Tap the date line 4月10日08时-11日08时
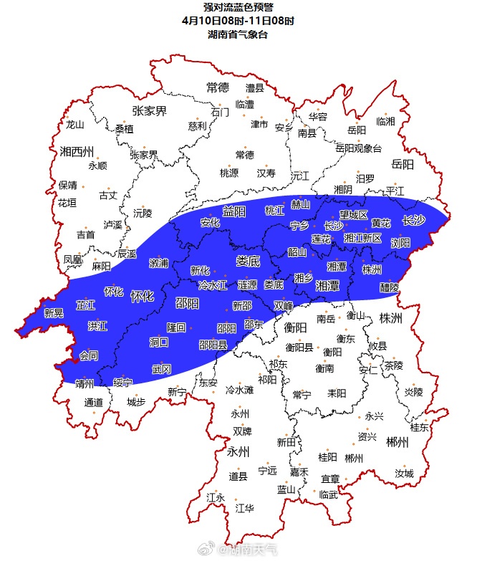click(x=238, y=21)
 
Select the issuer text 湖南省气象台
click(x=238, y=34)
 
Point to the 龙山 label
click(x=74, y=124)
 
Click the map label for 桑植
click(x=124, y=129)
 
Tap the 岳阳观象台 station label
click(x=358, y=148)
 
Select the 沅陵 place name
click(x=143, y=213)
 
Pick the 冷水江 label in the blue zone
click(x=212, y=284)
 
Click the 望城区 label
click(x=353, y=215)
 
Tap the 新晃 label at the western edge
click(x=54, y=312)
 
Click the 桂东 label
click(x=420, y=427)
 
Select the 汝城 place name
click(x=404, y=474)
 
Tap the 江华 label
click(x=244, y=509)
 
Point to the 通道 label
click(x=94, y=402)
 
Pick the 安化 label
click(x=210, y=222)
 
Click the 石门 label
click(x=220, y=112)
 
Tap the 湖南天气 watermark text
click(x=249, y=550)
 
